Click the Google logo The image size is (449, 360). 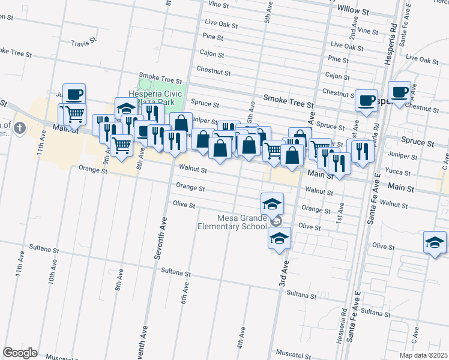click(x=20, y=353)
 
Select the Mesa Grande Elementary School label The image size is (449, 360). click(x=233, y=222)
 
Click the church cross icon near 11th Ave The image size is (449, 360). click(x=19, y=127)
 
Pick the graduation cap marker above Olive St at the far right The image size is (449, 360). click(x=435, y=242)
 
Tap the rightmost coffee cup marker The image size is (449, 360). click(x=399, y=92)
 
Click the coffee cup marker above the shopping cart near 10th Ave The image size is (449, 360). click(x=74, y=94)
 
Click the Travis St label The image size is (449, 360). click(x=83, y=43)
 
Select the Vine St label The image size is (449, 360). click(x=218, y=4)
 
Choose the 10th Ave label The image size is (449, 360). click(x=52, y=281)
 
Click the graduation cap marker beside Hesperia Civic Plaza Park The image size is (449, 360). click(x=126, y=109)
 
